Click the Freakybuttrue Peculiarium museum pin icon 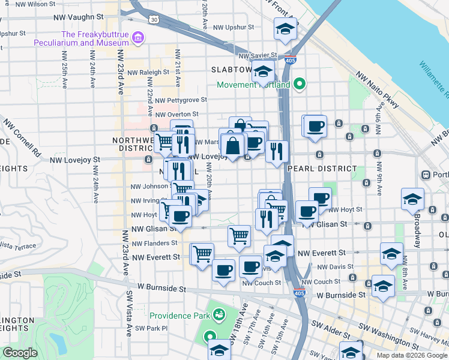point(139,38)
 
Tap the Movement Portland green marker point(298,85)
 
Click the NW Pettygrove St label point(180,100)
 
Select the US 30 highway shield point(154,20)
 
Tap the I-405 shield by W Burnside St point(299,293)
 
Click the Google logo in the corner point(20,353)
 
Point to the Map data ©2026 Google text point(411,355)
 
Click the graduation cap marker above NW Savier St point(286,29)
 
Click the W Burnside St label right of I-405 point(341,295)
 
